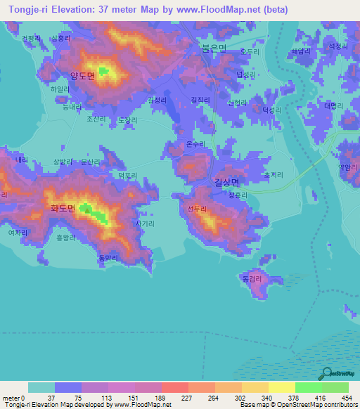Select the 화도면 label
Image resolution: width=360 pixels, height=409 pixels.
pos(63,208)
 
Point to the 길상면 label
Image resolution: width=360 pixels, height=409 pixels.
pos(228,182)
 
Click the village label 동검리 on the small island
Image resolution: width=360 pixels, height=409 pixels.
pos(253,279)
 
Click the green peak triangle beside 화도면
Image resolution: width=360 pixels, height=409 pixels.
pos(87,207)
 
